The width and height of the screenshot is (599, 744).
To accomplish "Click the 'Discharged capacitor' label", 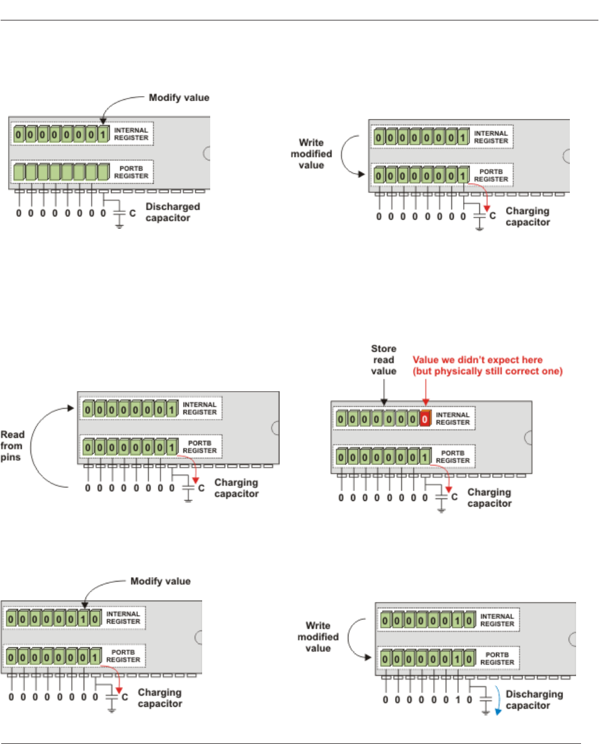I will [x=168, y=212].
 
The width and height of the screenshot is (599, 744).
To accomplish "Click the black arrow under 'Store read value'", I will [x=384, y=391].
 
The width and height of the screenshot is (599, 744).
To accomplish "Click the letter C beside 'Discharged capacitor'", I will [x=132, y=213].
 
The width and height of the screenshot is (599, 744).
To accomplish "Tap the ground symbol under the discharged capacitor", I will [x=119, y=226].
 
